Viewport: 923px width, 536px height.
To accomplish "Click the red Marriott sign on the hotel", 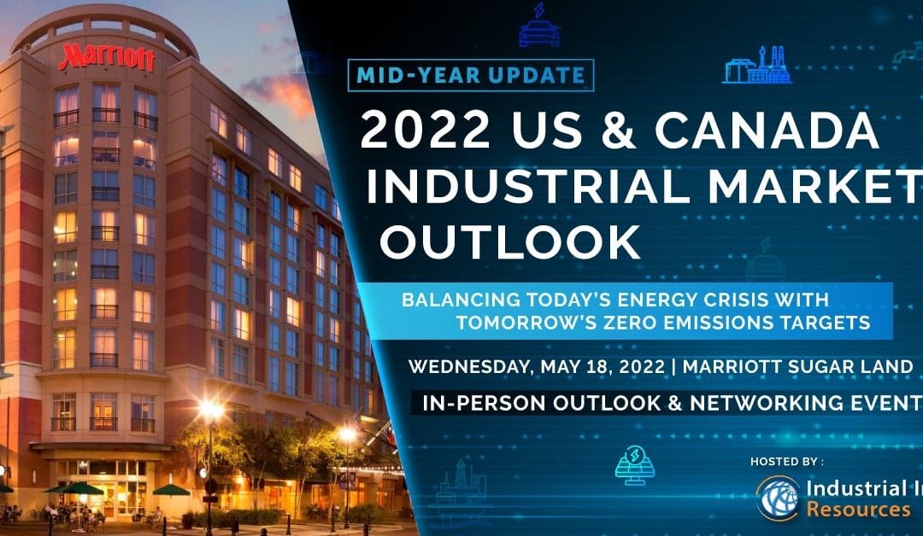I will pyautogui.click(x=107, y=58).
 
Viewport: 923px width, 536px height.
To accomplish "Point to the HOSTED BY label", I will pyautogui.click(x=786, y=462).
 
